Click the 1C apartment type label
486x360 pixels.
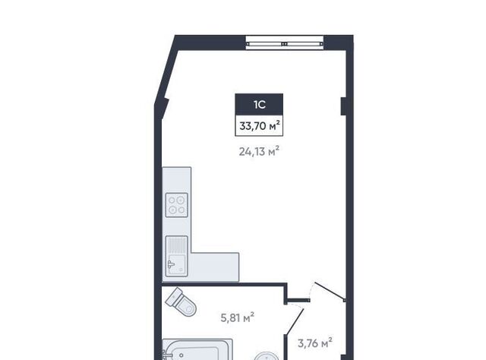(x=260, y=105)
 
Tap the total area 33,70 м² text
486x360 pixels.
(x=260, y=125)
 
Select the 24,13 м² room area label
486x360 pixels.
(x=259, y=151)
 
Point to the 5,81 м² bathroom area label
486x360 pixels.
(x=238, y=317)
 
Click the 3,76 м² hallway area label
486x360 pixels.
(x=315, y=343)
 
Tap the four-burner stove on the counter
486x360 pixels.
(x=177, y=205)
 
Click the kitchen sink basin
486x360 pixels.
(x=177, y=265)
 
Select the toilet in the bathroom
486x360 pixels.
(x=181, y=302)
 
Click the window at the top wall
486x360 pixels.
(x=285, y=43)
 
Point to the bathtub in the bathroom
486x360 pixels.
(x=197, y=349)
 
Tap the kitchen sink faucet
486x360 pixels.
(x=171, y=264)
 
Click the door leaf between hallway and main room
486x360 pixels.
(x=330, y=292)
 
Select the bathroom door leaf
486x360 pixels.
(x=295, y=321)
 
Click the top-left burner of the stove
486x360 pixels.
(x=172, y=200)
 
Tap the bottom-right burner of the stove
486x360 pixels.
(x=182, y=210)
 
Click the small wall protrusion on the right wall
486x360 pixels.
(x=343, y=106)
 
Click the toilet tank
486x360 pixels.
(x=174, y=296)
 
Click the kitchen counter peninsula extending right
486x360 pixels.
(x=215, y=267)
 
